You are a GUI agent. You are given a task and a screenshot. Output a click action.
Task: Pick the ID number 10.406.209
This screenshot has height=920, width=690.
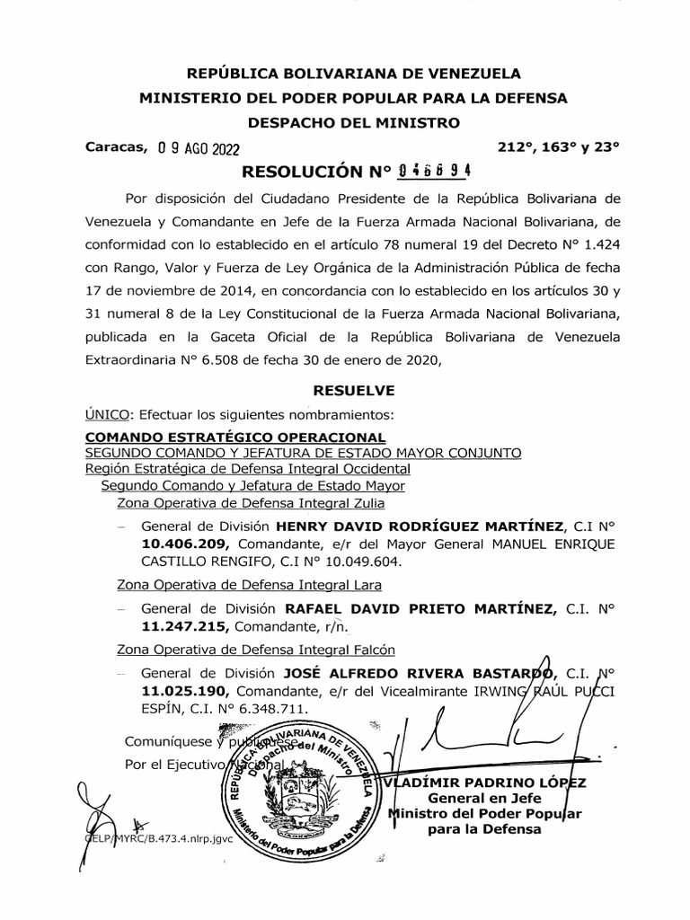[184, 544]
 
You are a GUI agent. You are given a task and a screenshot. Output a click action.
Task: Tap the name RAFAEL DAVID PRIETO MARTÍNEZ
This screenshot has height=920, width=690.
[420, 609]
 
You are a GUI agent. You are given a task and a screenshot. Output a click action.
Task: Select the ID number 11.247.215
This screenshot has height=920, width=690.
[184, 628]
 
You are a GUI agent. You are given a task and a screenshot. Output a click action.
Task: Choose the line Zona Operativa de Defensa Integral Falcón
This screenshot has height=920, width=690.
[257, 649]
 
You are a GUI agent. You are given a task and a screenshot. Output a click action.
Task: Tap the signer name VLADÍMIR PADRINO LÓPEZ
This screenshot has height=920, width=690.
[485, 782]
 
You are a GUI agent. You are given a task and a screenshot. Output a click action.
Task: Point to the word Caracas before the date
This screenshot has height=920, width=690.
[114, 147]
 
